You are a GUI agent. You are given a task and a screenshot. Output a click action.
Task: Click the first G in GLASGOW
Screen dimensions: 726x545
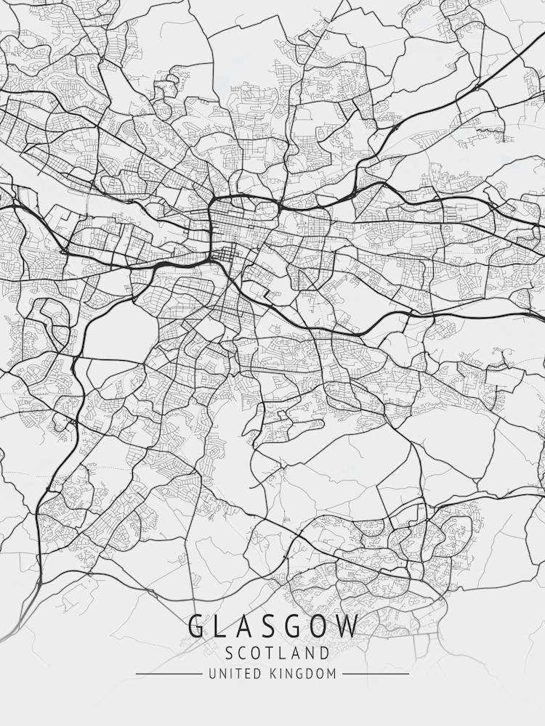(197, 626)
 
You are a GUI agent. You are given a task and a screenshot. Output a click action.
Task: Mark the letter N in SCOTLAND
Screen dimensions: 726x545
(307, 653)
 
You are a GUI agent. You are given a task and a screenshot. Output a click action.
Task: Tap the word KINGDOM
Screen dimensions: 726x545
(302, 674)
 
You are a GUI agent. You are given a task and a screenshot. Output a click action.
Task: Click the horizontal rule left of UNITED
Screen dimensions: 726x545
(169, 674)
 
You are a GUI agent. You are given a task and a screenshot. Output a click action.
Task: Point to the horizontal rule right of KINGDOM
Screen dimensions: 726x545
(376, 674)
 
